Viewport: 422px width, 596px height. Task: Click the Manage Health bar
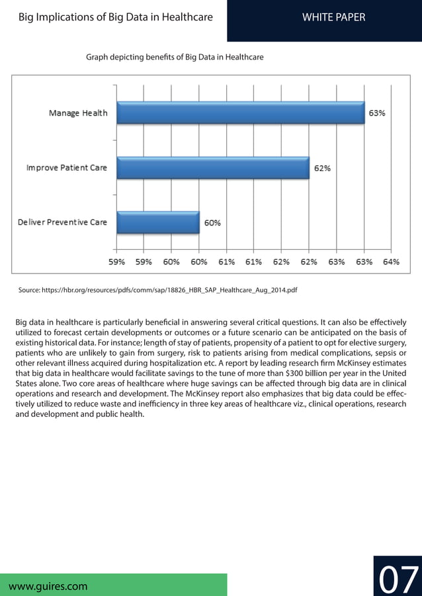point(240,112)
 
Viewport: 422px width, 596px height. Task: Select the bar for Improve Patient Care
point(212,168)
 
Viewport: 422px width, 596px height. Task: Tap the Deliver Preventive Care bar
point(157,222)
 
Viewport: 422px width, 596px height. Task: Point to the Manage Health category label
point(78,113)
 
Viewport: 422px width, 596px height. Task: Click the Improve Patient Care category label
point(66,168)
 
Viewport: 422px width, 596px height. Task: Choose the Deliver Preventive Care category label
point(62,223)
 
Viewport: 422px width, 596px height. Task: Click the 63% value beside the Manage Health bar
point(378,113)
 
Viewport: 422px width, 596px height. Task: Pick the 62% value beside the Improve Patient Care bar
point(322,168)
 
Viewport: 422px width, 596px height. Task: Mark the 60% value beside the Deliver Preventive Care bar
point(212,223)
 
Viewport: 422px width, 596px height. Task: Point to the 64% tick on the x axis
point(391,262)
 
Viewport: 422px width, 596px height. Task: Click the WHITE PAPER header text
point(333,17)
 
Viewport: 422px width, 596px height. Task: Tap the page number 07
point(398,579)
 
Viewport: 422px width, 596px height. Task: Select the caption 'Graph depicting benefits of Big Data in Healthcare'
point(175,57)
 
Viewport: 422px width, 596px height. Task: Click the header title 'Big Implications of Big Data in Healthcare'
point(116,17)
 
